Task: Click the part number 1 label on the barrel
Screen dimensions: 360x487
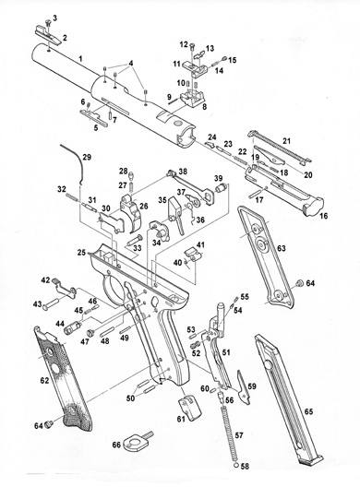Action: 80,58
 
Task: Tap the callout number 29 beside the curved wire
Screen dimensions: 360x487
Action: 87,157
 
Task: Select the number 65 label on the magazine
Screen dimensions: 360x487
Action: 308,412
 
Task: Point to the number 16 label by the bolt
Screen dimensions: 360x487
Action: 324,216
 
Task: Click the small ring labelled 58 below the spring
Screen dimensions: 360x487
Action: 236,466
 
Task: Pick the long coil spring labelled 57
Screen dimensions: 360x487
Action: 230,433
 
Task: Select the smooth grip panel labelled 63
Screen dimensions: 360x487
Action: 265,257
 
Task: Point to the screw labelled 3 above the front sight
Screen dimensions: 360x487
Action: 48,23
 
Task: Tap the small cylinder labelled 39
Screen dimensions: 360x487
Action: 220,187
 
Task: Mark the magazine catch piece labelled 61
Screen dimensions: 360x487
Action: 189,407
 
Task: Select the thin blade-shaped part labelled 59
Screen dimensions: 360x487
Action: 244,387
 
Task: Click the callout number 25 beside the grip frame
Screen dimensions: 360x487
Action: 81,252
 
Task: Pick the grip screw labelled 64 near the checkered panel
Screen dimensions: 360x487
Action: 48,424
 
